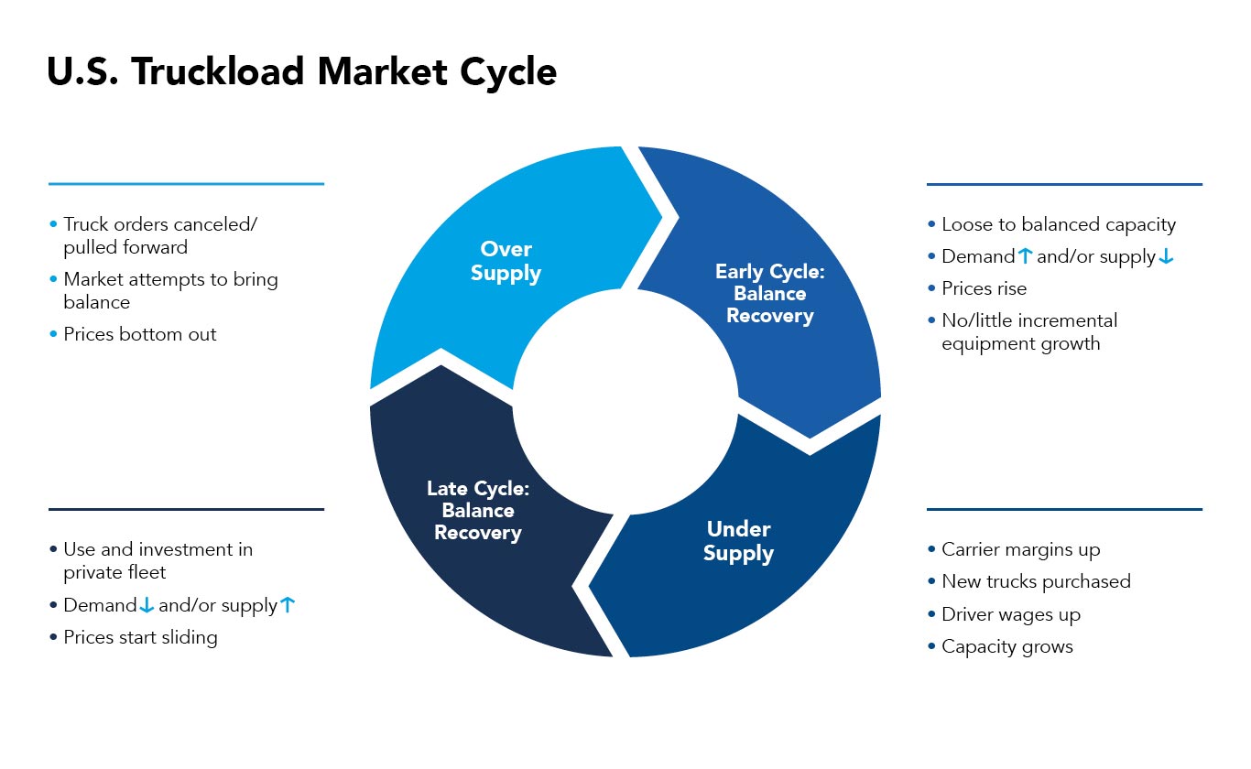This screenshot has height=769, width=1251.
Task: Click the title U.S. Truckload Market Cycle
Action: (x=301, y=72)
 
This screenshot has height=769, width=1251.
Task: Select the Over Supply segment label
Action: (x=506, y=261)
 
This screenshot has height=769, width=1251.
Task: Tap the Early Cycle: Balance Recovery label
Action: (x=769, y=294)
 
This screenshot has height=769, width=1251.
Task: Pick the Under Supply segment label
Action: (x=738, y=541)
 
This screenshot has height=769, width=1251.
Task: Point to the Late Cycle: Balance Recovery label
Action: (x=477, y=511)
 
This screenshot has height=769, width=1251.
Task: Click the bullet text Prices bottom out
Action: (x=139, y=334)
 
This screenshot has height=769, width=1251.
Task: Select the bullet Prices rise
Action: (x=984, y=288)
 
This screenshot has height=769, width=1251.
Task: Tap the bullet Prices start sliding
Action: (x=140, y=637)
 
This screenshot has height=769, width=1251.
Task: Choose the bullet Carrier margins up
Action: (x=1020, y=549)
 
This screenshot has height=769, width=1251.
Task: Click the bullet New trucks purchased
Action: (x=1036, y=581)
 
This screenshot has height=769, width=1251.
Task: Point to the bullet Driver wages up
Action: (x=1010, y=614)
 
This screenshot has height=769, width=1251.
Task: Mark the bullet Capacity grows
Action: (x=1006, y=646)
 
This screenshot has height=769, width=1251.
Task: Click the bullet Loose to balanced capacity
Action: (x=1058, y=224)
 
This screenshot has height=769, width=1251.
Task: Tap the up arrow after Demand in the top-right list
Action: (x=1025, y=257)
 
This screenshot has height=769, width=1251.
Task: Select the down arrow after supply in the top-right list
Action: (x=1166, y=257)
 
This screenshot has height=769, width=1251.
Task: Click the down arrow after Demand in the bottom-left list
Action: (x=147, y=605)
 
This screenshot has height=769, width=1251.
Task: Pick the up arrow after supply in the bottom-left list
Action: (x=288, y=605)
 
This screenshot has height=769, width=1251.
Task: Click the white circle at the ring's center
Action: (x=625, y=402)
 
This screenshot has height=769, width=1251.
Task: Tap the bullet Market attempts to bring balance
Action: (x=169, y=290)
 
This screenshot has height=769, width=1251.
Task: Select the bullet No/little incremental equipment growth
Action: (x=1028, y=332)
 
